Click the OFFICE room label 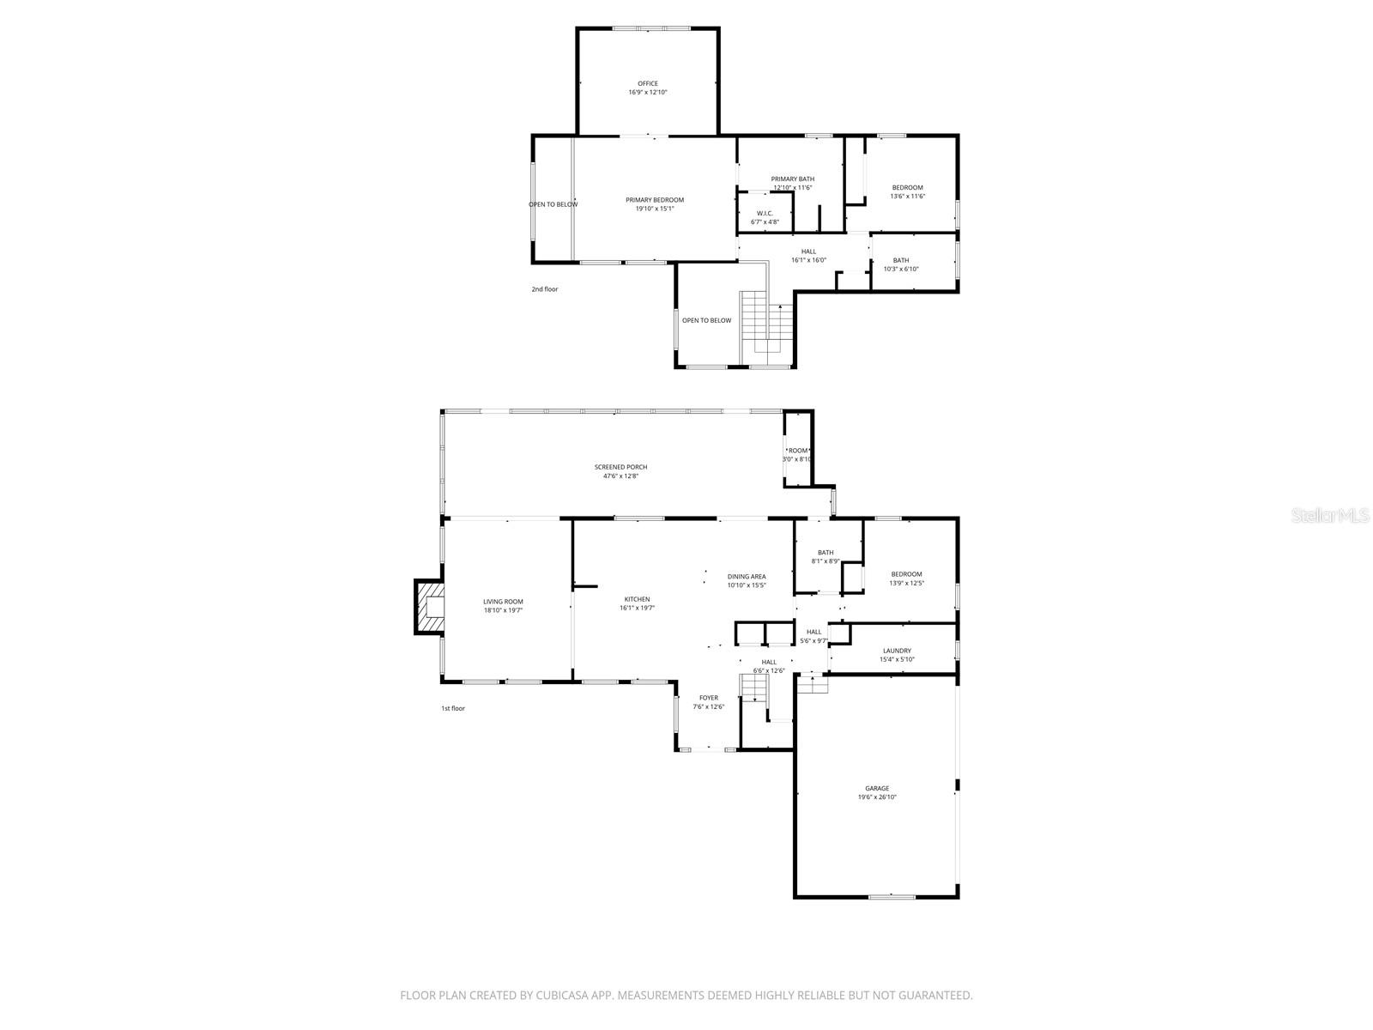pos(648,84)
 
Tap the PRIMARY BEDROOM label pos(655,200)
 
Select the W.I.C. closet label pos(765,213)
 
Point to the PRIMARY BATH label pos(792,179)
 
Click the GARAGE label pos(877,788)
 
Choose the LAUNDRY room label pos(897,651)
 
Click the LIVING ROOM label pos(503,602)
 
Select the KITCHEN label pos(637,599)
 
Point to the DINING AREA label pos(747,577)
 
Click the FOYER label pos(708,698)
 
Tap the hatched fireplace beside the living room pos(429,607)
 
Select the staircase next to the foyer pos(753,688)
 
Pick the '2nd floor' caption pos(544,289)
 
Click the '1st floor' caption pos(453,708)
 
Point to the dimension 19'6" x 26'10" pos(877,797)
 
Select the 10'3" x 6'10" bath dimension pos(901,269)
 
